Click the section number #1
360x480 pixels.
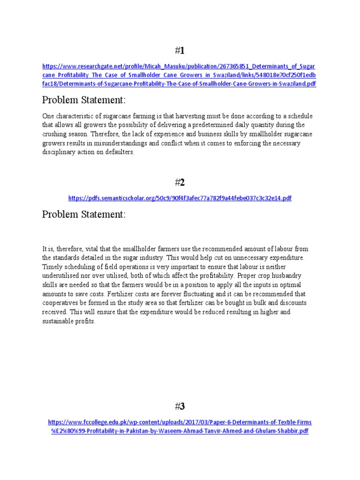coord(180,51)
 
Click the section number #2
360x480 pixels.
coord(180,182)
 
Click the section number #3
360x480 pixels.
coord(180,406)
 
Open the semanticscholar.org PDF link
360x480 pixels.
coord(180,198)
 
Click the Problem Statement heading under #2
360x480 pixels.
coord(84,214)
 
